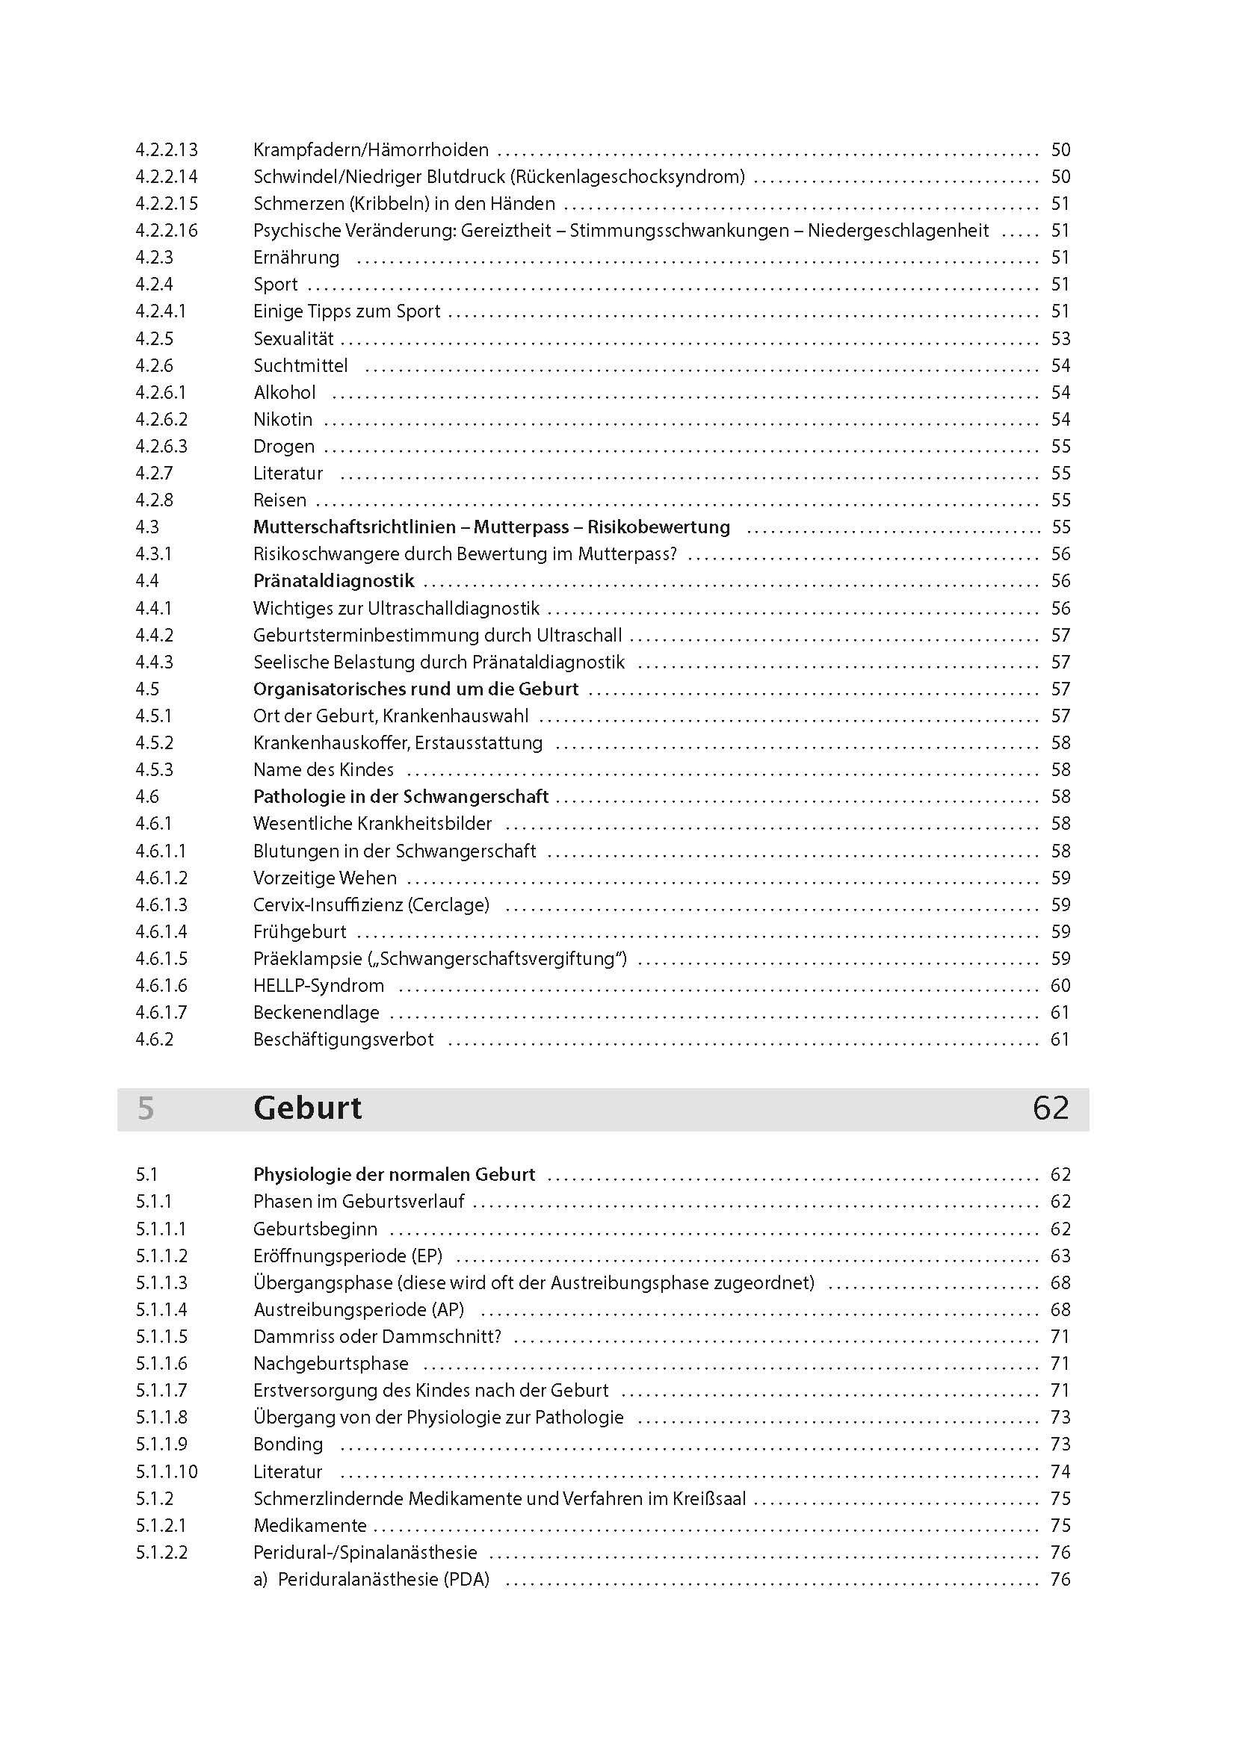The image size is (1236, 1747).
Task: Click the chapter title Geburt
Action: coord(307,1108)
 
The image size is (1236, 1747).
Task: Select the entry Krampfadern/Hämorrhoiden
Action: coord(371,150)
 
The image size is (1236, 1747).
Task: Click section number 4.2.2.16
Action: coord(167,231)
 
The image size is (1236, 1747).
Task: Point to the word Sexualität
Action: coord(293,338)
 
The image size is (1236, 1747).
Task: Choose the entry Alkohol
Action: coord(285,393)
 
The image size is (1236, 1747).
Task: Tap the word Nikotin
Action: coord(282,419)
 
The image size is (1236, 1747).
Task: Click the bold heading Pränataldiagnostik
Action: coord(333,581)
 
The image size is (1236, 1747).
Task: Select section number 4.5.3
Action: coord(155,770)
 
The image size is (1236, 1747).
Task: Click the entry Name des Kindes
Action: coord(324,770)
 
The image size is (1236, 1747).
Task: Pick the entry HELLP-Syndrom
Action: coord(318,986)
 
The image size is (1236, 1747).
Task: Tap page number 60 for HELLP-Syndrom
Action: coord(1060,986)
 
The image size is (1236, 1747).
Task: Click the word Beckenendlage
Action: coord(316,1013)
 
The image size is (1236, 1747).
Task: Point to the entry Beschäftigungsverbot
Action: coord(343,1040)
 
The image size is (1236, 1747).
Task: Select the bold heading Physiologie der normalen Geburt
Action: coord(395,1175)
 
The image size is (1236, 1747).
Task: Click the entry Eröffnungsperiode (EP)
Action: coord(347,1256)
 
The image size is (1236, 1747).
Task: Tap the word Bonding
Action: coord(288,1445)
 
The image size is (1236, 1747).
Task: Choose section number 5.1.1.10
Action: coord(167,1471)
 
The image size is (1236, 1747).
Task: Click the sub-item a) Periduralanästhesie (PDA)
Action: coord(371,1580)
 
